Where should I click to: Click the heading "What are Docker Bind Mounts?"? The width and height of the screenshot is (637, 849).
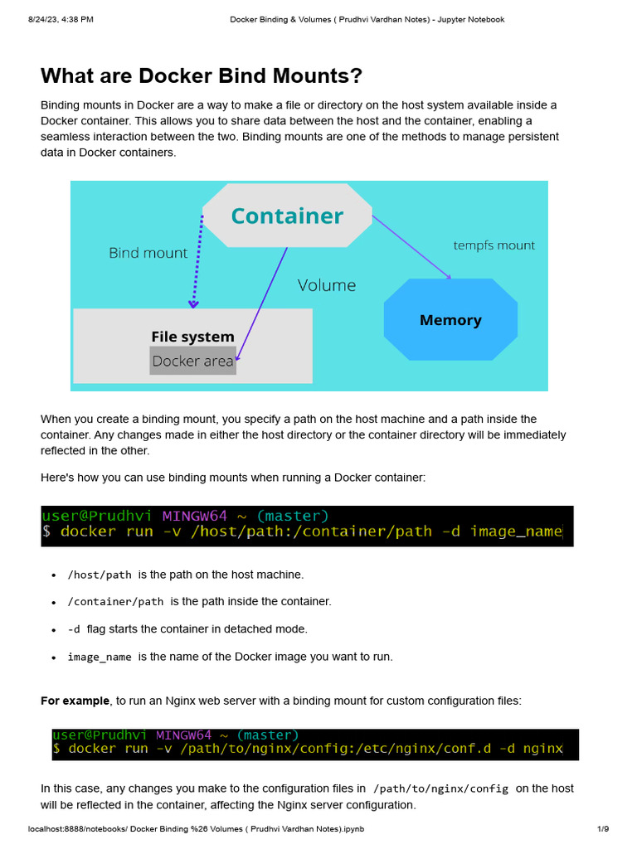point(202,76)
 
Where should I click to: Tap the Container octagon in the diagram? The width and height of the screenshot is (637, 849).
point(286,216)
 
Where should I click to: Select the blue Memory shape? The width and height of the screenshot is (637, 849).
point(450,320)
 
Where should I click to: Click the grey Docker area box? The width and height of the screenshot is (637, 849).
point(192,361)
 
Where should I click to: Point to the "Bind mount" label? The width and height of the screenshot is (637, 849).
point(148,253)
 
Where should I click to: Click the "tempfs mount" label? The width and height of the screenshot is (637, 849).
point(494,245)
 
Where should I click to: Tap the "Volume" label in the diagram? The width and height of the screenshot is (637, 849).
point(327,285)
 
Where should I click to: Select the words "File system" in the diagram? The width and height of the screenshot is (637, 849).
point(192,337)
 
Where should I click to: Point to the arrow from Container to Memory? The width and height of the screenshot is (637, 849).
point(412,246)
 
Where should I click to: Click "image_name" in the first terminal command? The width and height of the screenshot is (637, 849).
point(516,531)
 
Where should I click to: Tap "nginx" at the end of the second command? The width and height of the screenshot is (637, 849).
point(543,749)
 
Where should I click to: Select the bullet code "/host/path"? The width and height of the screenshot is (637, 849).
point(100,575)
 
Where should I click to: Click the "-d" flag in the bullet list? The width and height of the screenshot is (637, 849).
point(74,629)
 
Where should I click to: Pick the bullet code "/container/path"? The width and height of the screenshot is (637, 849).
point(115,602)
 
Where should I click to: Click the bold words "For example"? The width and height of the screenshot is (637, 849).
point(75,701)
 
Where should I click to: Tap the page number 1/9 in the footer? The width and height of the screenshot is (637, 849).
point(603,829)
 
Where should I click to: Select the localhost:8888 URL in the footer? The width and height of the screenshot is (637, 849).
point(196,829)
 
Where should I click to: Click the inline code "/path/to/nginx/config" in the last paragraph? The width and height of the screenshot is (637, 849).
point(440,788)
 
